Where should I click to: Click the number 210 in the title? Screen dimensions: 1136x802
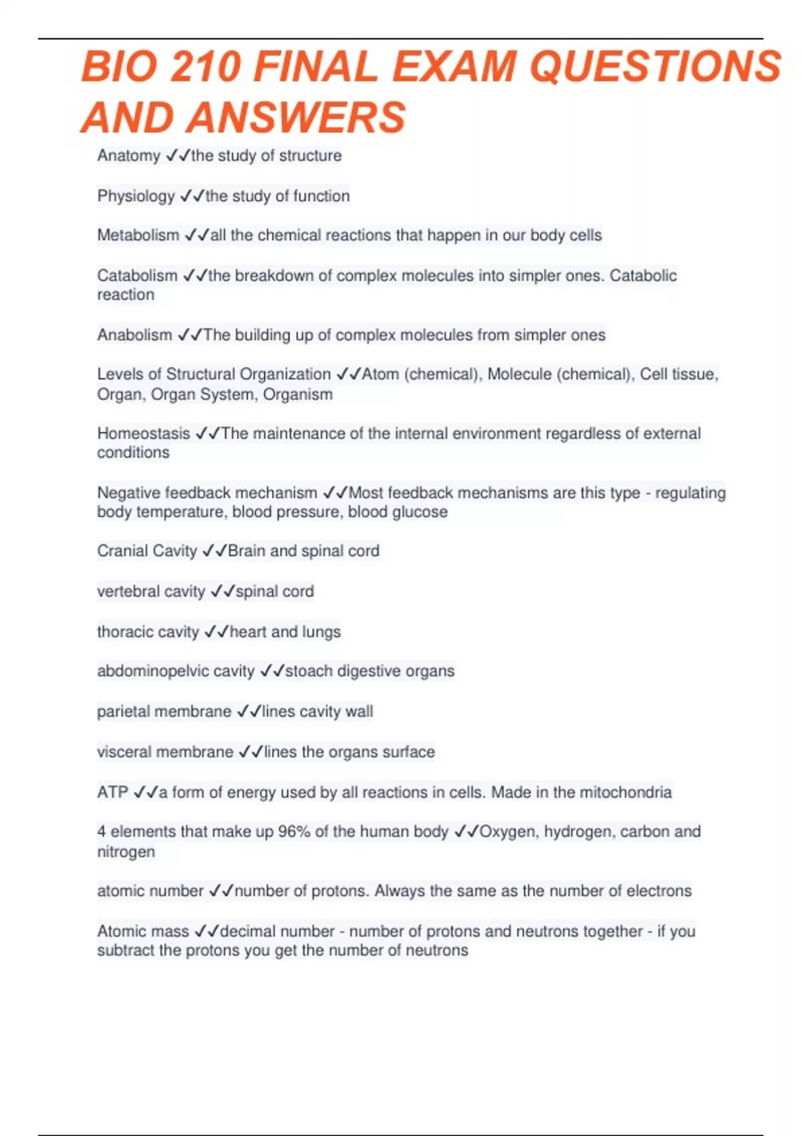pyautogui.click(x=205, y=67)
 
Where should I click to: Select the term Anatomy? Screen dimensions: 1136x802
pyautogui.click(x=128, y=156)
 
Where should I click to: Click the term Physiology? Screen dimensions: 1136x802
pyautogui.click(x=136, y=196)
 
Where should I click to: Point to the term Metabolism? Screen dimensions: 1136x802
pyautogui.click(x=138, y=235)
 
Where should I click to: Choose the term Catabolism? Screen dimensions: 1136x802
pyautogui.click(x=137, y=275)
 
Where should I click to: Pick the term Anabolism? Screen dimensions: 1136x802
pyautogui.click(x=134, y=335)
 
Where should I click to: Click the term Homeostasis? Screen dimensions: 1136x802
pyautogui.click(x=144, y=433)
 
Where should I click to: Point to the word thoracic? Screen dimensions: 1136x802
pyautogui.click(x=125, y=631)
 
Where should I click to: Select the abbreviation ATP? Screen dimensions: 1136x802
pyautogui.click(x=112, y=792)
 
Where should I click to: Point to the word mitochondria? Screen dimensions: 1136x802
pyautogui.click(x=626, y=792)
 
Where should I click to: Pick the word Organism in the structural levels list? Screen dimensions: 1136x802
pyautogui.click(x=297, y=394)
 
